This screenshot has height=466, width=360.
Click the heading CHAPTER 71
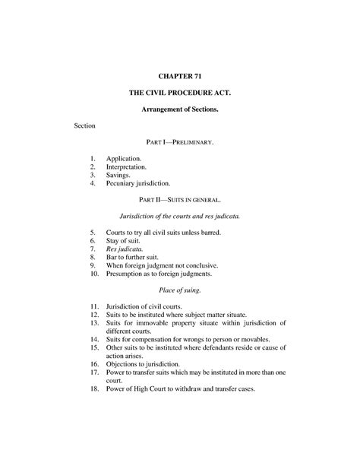click(x=179, y=77)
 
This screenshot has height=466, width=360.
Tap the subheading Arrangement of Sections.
click(x=180, y=110)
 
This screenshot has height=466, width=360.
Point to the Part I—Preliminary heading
click(x=180, y=142)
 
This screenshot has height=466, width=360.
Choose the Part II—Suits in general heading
click(x=180, y=200)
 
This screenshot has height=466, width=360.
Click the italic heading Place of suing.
click(x=180, y=290)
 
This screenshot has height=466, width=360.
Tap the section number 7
click(x=92, y=249)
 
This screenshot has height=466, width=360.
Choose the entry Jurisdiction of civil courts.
click(x=144, y=305)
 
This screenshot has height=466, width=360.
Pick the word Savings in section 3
click(x=122, y=174)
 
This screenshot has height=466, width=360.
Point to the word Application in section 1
click(x=127, y=156)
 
